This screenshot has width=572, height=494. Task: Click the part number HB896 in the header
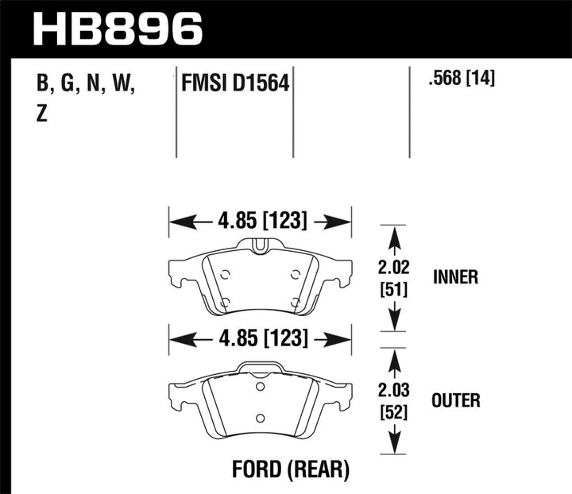click(x=118, y=29)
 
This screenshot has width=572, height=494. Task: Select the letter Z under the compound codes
click(x=41, y=114)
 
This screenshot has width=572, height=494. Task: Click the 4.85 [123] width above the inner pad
click(x=260, y=220)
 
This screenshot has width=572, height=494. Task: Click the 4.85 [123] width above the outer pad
click(x=260, y=338)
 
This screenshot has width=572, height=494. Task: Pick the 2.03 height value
click(x=394, y=391)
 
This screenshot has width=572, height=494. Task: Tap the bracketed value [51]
click(x=394, y=290)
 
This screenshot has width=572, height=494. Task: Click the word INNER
click(x=455, y=277)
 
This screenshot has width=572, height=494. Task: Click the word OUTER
click(x=455, y=399)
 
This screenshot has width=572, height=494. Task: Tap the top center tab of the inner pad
click(x=260, y=244)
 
